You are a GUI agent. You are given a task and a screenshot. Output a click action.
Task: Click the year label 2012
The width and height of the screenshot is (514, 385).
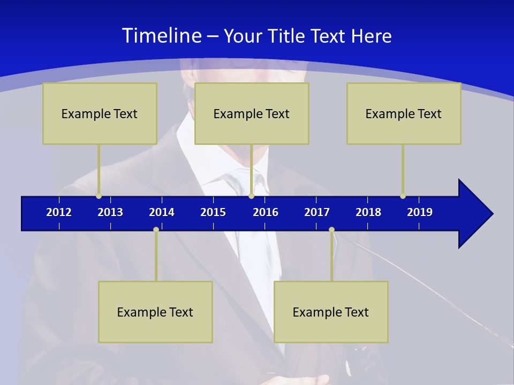tap(59, 212)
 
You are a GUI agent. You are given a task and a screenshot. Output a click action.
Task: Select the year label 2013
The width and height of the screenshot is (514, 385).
tap(110, 212)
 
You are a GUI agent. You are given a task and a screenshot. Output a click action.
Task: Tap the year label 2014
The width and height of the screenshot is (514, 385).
tap(162, 212)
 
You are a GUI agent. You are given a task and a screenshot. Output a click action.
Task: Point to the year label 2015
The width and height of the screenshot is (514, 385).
tap(213, 212)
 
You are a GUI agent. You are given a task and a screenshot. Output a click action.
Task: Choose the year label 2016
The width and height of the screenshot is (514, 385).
tap(266, 212)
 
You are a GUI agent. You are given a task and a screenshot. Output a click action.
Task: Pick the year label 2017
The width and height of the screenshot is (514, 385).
tap(317, 212)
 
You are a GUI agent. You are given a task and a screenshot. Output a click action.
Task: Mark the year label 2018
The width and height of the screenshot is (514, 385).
tap(368, 212)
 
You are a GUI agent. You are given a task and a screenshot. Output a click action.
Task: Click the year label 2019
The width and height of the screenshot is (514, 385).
tap(420, 212)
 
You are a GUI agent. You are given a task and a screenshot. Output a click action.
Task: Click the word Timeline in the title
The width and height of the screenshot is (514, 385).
tap(161, 36)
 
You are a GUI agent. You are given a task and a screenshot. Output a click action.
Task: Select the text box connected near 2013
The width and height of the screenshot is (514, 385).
tap(100, 113)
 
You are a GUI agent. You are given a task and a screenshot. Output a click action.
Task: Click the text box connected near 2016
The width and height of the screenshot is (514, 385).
tap(252, 113)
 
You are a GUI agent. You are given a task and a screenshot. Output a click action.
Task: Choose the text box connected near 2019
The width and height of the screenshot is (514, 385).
tap(404, 113)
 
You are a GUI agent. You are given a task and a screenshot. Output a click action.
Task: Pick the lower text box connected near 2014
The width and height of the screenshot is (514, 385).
tap(155, 312)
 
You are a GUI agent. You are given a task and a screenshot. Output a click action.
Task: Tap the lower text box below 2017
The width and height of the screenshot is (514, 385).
tap(331, 312)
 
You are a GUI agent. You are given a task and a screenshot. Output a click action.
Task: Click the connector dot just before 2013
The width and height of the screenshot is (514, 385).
tap(99, 196)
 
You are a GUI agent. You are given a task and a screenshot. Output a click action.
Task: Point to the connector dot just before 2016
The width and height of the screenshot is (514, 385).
tap(251, 196)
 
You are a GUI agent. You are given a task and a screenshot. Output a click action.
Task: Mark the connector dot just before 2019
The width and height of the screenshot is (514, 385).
tap(403, 196)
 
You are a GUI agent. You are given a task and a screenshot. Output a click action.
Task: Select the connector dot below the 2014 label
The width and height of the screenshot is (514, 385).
tap(156, 229)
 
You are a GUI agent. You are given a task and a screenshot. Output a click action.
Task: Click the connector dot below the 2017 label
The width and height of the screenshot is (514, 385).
tap(331, 229)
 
